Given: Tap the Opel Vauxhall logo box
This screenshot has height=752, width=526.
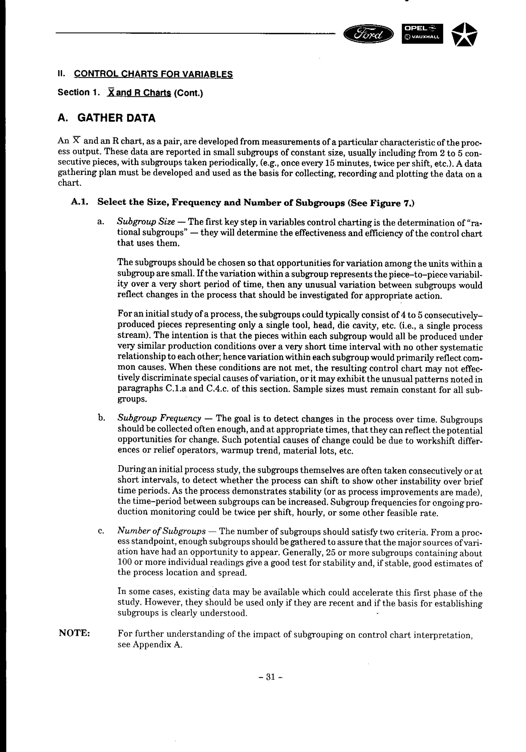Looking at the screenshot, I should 422,34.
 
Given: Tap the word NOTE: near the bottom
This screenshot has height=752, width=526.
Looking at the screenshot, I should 74,633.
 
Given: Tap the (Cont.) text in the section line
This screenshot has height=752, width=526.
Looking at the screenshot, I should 188,93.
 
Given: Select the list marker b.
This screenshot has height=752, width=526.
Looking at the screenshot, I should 101,418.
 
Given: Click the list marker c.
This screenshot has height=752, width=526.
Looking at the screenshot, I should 101,531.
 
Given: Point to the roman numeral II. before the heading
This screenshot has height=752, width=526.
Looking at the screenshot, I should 62,74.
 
